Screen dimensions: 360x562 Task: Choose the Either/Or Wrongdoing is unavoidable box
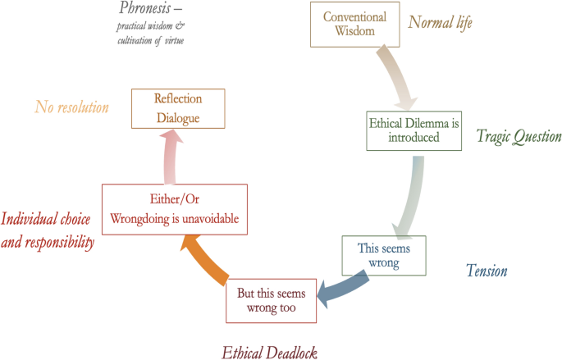pos(174,209)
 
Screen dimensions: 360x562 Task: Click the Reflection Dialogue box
pos(177,108)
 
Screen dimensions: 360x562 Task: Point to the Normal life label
pos(440,22)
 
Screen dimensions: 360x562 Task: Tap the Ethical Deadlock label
pos(269,352)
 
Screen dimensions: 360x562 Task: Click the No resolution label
pos(72,107)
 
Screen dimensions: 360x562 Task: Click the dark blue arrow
pos(329,288)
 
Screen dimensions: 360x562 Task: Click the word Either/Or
pos(174,199)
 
